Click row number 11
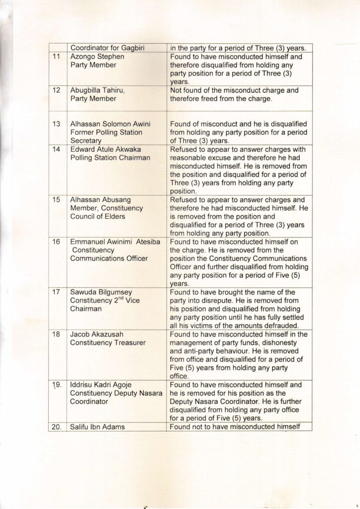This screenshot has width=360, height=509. [x=56, y=57]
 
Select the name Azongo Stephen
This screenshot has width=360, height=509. [x=96, y=57]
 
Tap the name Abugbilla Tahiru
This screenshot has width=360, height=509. [x=98, y=90]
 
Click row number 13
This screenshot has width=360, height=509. [x=56, y=124]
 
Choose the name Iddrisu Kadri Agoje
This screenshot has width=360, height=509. [x=102, y=385]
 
